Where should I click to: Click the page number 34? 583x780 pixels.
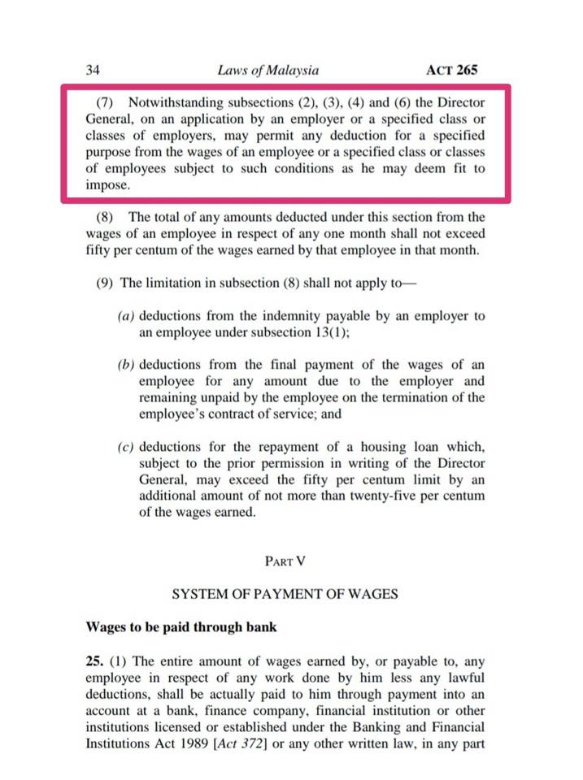pyautogui.click(x=92, y=71)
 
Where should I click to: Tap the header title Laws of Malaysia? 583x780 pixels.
pyautogui.click(x=268, y=71)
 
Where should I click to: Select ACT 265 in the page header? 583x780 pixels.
pyautogui.click(x=452, y=71)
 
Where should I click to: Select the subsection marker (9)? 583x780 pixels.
pyautogui.click(x=106, y=283)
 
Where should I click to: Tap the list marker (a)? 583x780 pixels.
pyautogui.click(x=127, y=316)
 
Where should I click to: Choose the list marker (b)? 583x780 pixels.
pyautogui.click(x=127, y=365)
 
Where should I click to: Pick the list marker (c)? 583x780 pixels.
pyautogui.click(x=127, y=448)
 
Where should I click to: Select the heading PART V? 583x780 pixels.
pyautogui.click(x=285, y=561)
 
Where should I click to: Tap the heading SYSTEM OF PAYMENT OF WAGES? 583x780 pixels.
pyautogui.click(x=285, y=594)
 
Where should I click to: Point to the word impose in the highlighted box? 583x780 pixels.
pyautogui.click(x=107, y=184)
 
